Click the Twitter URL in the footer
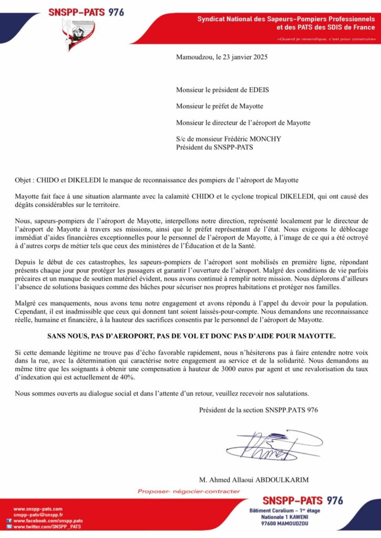tap(47, 526)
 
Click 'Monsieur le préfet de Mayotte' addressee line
tap(220, 107)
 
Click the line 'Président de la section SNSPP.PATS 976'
tap(259, 410)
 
